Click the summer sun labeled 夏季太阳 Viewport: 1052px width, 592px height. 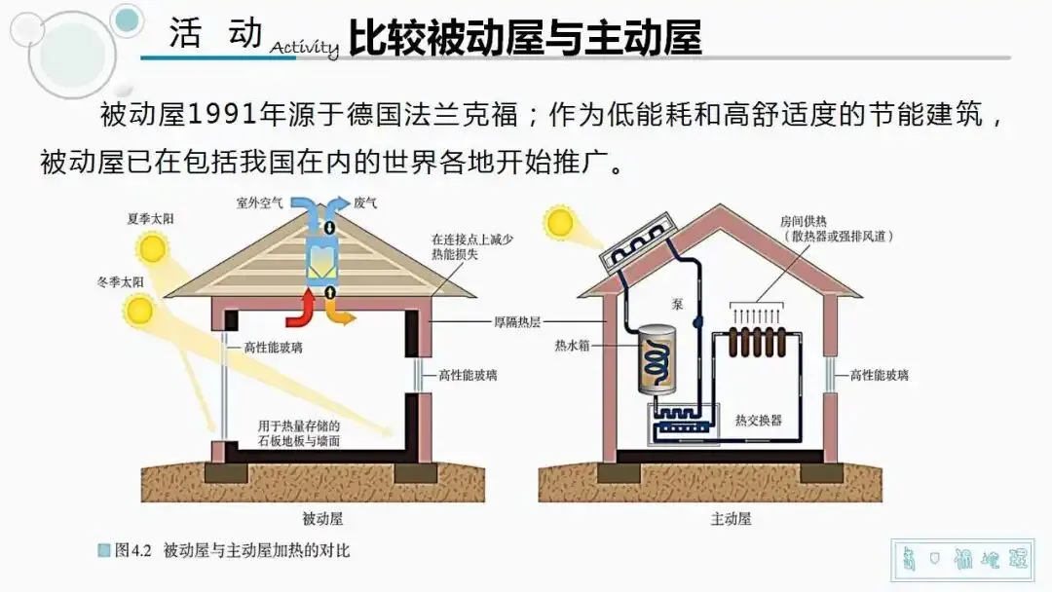[x=154, y=248]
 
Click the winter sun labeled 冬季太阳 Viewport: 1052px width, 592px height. [x=139, y=311]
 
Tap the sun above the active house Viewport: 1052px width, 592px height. [x=560, y=222]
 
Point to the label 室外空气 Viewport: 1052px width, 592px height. [x=258, y=203]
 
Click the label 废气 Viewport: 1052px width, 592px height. [x=365, y=203]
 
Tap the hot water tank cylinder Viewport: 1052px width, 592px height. [x=657, y=360]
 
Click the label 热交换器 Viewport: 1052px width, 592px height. [x=759, y=420]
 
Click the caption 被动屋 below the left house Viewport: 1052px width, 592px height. [x=322, y=519]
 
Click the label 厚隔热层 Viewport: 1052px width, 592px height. [x=503, y=318]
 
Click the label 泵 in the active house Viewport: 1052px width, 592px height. [x=677, y=303]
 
